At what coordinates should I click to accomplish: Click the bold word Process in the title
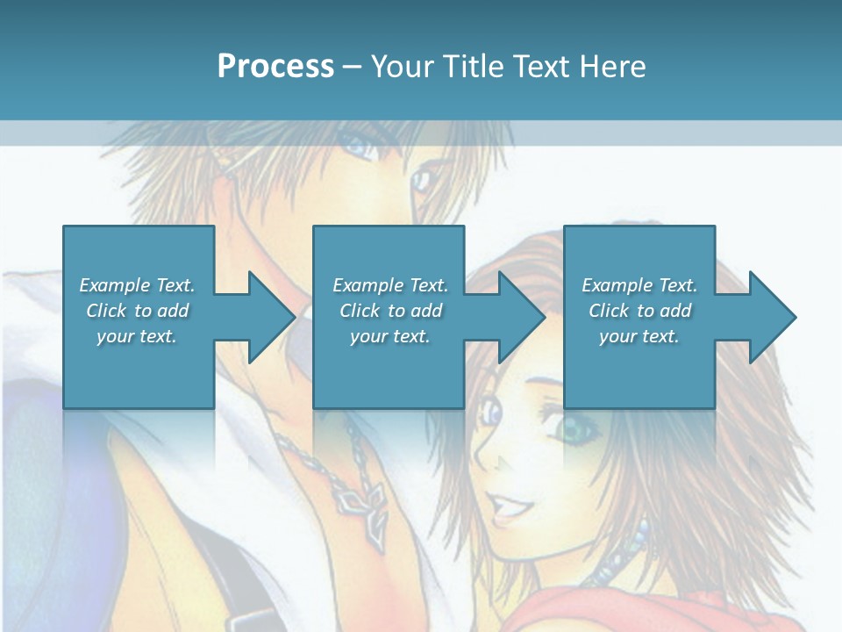tap(275, 67)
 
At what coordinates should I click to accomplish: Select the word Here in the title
tap(614, 67)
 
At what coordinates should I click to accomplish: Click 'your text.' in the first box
tap(137, 336)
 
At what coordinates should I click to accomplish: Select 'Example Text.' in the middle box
tap(389, 285)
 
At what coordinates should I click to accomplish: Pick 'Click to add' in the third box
tap(639, 311)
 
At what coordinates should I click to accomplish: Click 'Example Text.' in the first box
tap(137, 285)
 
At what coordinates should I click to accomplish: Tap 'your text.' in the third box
tap(639, 336)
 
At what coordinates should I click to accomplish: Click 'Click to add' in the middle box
tap(389, 311)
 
